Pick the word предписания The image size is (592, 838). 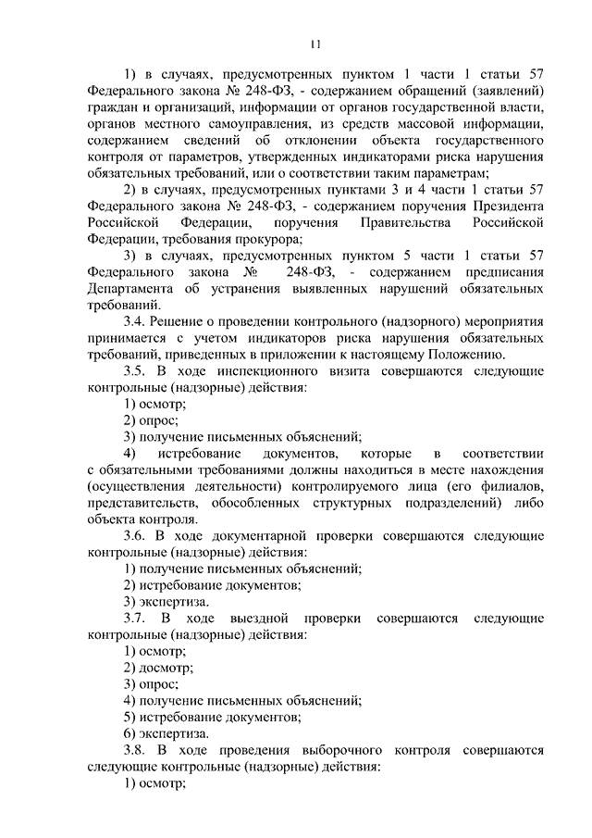tap(496, 272)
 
